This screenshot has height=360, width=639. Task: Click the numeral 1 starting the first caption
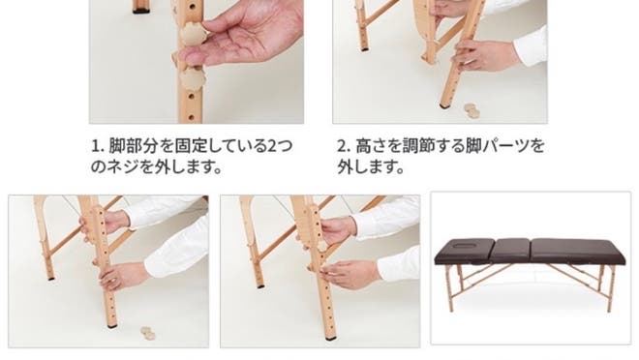tap(95, 146)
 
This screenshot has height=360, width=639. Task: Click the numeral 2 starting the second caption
tap(342, 146)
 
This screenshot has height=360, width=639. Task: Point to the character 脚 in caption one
tap(116, 146)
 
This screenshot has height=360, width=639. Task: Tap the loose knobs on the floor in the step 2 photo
tap(472, 110)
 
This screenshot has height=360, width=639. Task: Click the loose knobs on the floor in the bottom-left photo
tap(148, 333)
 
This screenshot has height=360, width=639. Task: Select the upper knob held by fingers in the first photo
tap(193, 34)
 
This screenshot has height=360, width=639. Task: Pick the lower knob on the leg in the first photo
tap(193, 78)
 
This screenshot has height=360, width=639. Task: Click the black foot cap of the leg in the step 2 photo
tap(444, 105)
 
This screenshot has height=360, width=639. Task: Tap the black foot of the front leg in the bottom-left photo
tap(111, 326)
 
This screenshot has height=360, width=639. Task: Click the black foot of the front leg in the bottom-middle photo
tap(330, 339)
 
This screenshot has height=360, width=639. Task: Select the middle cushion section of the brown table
tap(512, 251)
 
